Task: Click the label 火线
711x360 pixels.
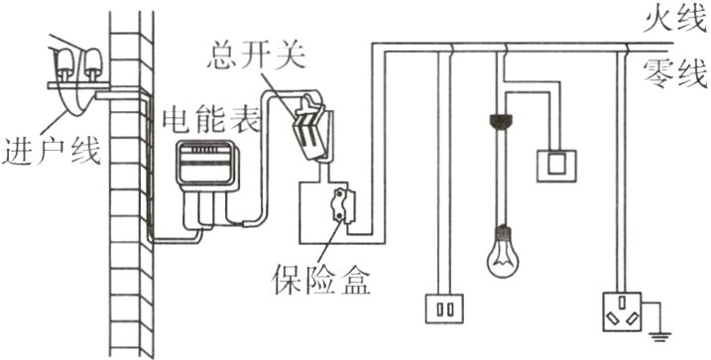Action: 675,21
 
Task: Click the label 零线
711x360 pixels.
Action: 675,74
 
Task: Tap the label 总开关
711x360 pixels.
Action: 256,56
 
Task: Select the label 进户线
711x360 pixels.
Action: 51,152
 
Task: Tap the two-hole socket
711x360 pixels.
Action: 444,308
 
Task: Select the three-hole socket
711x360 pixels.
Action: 622,312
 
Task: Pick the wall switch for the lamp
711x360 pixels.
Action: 557,166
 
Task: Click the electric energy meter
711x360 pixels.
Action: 207,164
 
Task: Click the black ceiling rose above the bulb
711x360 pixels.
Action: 502,120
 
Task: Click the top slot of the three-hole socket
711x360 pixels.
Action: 622,301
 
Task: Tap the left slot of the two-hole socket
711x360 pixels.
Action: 439,309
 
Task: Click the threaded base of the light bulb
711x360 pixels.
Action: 502,232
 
